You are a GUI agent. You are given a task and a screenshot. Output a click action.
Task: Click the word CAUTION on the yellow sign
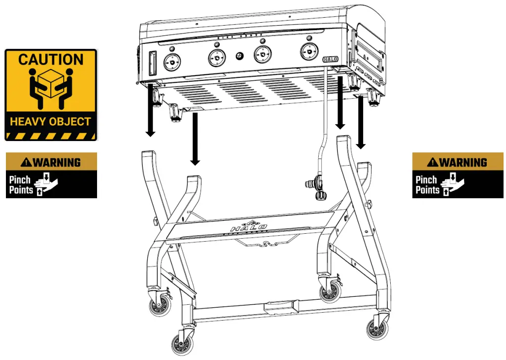coord(51,60)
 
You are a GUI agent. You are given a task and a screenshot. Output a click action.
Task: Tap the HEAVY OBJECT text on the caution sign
coord(51,121)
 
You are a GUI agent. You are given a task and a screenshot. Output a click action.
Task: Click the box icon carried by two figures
coord(51,82)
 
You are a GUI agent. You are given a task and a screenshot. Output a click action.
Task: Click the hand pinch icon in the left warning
coord(47,184)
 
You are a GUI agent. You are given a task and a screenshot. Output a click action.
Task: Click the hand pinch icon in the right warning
coord(454,184)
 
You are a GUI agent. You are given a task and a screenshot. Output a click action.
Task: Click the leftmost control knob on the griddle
coord(171,62)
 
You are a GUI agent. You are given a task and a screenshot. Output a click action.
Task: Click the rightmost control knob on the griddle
coord(308,50)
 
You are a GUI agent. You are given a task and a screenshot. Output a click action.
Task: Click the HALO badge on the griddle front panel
coord(331,59)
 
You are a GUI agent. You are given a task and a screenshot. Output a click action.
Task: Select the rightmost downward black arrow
coord(361,123)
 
